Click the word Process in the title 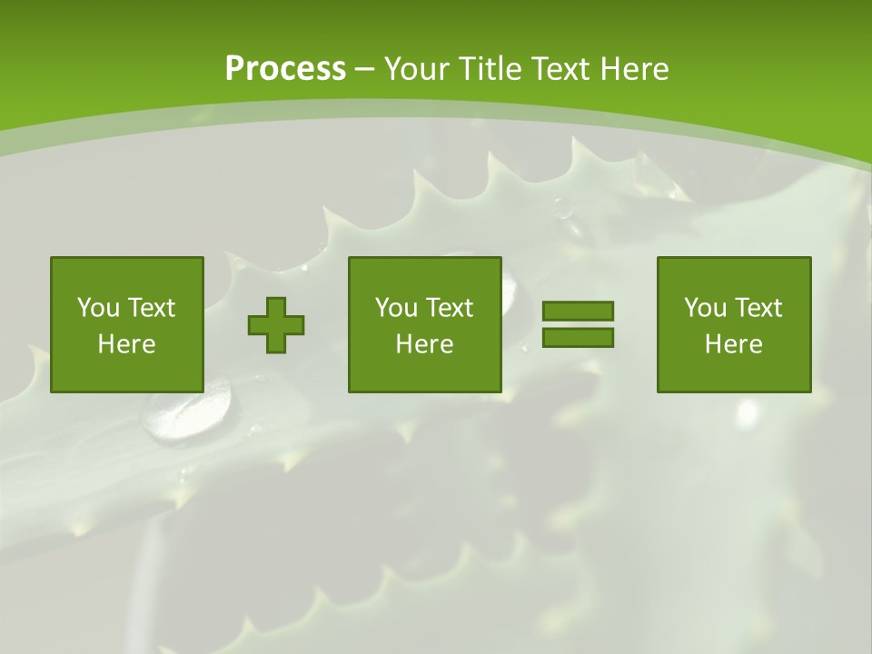[x=285, y=69]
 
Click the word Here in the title [x=634, y=69]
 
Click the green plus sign [x=276, y=325]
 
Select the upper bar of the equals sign [x=578, y=312]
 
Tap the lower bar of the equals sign [x=578, y=337]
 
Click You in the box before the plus [x=98, y=308]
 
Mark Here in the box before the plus [x=126, y=344]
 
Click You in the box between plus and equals [x=396, y=308]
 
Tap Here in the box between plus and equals [x=424, y=344]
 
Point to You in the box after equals [x=705, y=308]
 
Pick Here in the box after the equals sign [x=733, y=344]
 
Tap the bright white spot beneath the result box [x=747, y=414]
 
